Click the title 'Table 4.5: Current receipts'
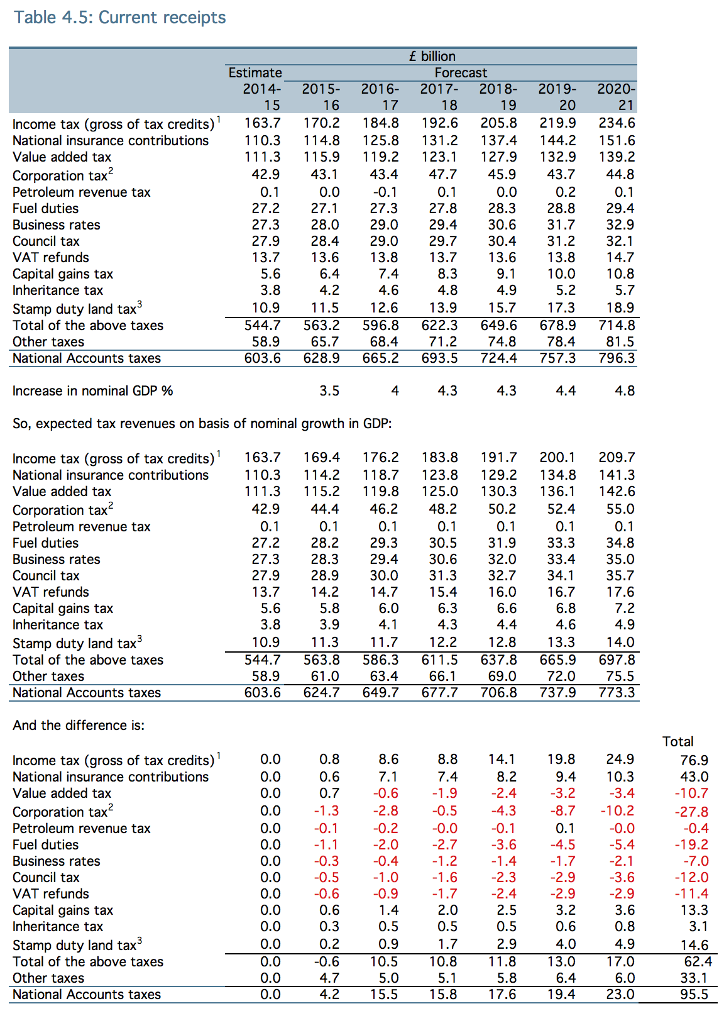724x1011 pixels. click(120, 18)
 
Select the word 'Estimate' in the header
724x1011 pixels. click(255, 72)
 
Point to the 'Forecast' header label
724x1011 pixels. click(461, 72)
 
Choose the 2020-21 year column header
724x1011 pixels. click(617, 97)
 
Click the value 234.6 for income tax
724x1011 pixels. click(617, 123)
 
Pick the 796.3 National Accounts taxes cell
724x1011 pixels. click(617, 358)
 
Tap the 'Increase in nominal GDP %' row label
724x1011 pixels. click(92, 391)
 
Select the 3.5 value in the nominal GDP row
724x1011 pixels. click(329, 391)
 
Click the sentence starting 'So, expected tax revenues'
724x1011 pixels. click(202, 424)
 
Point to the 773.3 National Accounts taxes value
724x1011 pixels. click(617, 693)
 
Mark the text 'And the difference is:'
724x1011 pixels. click(79, 726)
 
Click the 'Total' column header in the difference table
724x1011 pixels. click(678, 742)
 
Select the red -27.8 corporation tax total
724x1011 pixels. click(691, 812)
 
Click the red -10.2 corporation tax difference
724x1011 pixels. click(617, 811)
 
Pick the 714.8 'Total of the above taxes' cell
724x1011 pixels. click(617, 326)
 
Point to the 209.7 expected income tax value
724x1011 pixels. click(617, 458)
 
